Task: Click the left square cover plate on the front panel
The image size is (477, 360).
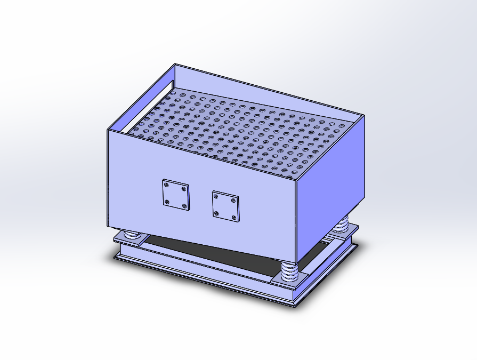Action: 175,194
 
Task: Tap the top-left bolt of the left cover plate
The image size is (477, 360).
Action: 167,184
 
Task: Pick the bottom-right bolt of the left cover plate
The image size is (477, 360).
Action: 184,205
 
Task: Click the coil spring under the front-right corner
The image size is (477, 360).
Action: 289,271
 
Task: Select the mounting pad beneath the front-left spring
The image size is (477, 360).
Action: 128,240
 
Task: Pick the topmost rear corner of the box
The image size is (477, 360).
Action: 176,64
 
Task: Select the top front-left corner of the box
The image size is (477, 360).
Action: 107,130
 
